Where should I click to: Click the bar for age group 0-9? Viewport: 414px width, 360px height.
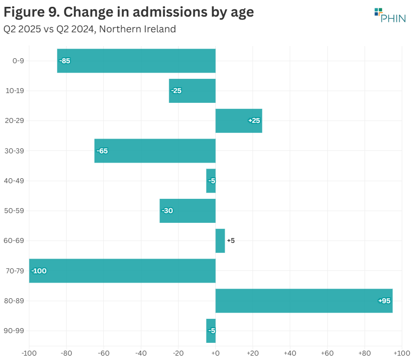coord(136,61)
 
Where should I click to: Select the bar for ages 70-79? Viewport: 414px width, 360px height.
coord(122,271)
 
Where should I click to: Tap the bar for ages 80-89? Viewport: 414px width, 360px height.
coord(303,301)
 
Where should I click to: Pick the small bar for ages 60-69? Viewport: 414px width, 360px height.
coord(220,240)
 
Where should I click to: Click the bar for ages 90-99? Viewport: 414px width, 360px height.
coord(211,331)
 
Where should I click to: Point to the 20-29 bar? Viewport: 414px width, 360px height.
coord(239,120)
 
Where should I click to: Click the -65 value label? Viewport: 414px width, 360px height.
coord(102,151)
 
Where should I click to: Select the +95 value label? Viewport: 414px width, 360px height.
coord(384,301)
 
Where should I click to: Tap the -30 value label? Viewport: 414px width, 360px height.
coord(167,211)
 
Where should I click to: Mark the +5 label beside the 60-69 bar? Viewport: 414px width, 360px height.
coord(231,240)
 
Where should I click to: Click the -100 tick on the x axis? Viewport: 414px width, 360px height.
coord(29,353)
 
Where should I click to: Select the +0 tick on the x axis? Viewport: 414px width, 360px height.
coord(215,353)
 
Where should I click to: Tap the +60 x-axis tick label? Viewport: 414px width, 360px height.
coord(327,353)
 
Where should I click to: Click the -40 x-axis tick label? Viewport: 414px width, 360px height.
coord(141,353)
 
